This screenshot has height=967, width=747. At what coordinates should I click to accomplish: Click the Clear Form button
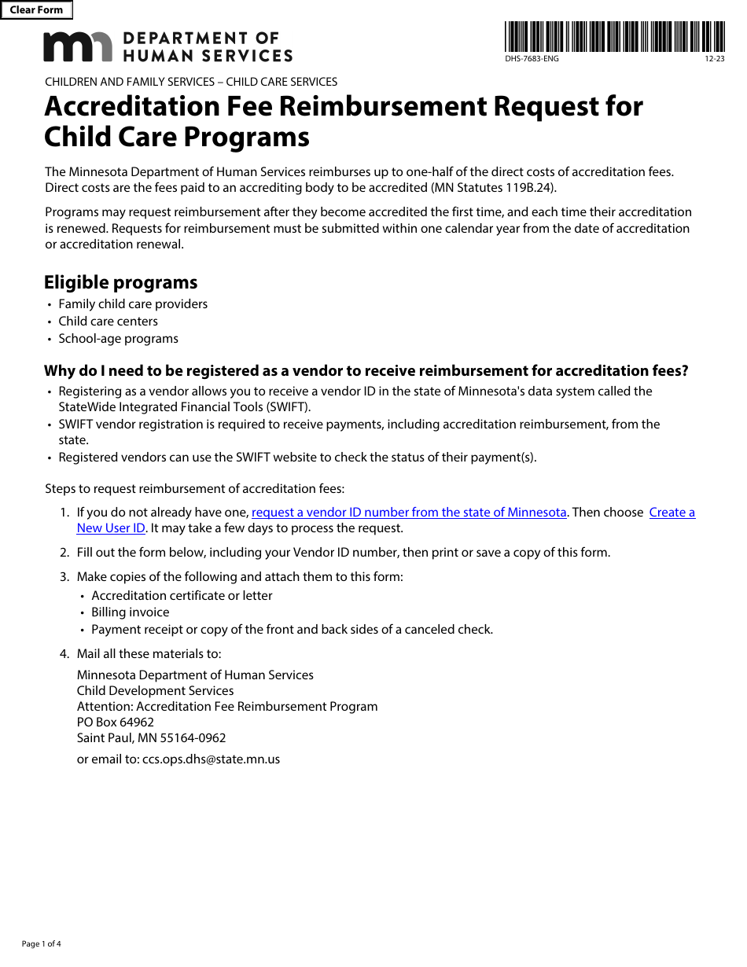36,10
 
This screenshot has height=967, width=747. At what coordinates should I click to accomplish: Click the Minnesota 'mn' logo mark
78,47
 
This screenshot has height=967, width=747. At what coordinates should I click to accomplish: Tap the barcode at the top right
614,36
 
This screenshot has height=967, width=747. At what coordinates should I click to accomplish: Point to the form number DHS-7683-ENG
532,60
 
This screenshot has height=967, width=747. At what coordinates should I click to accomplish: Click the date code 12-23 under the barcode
714,60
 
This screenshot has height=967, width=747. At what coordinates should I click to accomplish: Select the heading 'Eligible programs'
120,282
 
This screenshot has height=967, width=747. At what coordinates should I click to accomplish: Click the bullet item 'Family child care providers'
133,304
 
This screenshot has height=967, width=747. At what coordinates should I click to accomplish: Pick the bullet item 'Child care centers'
108,322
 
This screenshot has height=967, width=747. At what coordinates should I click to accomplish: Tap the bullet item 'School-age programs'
118,339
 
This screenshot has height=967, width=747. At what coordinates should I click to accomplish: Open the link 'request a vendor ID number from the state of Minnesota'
409,513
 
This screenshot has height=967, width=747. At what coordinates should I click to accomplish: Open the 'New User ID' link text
111,528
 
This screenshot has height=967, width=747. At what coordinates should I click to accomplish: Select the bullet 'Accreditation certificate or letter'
182,596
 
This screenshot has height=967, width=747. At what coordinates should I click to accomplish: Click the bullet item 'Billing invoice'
130,612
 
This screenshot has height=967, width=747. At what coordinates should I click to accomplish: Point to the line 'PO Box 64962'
116,722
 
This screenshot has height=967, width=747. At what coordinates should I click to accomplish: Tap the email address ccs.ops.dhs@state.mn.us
211,759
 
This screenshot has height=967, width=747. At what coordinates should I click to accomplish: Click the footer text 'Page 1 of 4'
41,944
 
